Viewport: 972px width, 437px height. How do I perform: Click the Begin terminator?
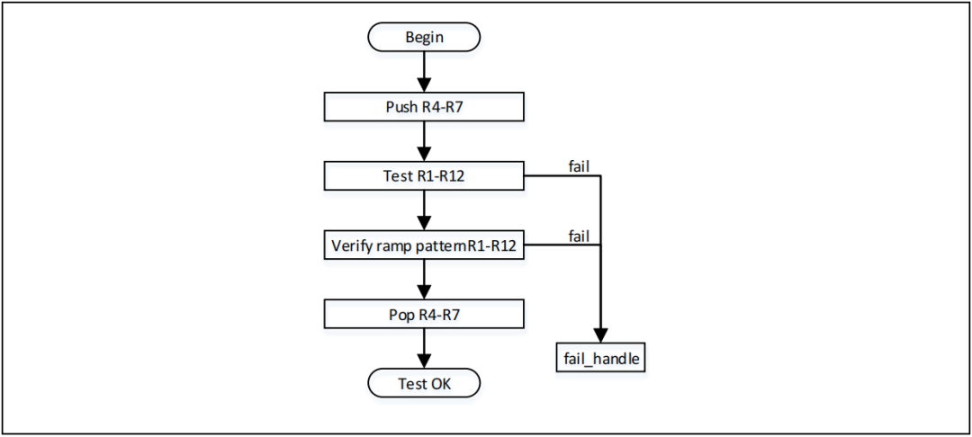pos(424,38)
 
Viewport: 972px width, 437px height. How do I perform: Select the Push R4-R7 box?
pos(424,107)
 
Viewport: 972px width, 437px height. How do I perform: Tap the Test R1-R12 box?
pos(424,176)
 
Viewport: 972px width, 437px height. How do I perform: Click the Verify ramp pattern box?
pos(424,245)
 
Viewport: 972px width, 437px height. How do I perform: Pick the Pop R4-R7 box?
pos(424,315)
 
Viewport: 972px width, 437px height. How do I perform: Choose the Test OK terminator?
pos(424,384)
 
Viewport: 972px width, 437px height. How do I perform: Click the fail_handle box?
pos(600,358)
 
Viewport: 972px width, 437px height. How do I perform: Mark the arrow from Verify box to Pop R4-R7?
pos(424,280)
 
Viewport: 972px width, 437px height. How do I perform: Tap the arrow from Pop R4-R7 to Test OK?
pos(424,349)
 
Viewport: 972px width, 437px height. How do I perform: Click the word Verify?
pos(351,245)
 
